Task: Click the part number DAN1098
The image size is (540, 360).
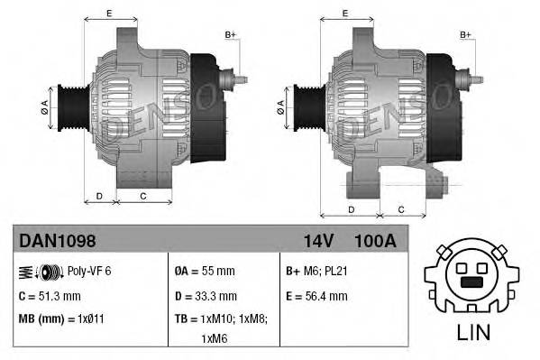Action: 57,241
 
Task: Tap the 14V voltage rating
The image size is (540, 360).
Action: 313,241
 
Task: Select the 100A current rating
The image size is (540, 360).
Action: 376,241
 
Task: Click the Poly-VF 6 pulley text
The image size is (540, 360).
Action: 89,271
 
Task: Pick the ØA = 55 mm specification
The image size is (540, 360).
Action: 206,271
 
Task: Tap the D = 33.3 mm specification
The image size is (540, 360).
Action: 206,295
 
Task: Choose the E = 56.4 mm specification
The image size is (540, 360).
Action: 316,295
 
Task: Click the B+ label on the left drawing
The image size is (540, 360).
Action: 231,34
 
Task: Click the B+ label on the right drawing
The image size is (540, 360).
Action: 466,34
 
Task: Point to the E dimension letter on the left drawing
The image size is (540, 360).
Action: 109,13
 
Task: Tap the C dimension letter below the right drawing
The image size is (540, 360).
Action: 401,209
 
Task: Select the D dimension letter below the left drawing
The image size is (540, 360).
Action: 99,195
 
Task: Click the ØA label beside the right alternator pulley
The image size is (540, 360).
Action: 282,106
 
